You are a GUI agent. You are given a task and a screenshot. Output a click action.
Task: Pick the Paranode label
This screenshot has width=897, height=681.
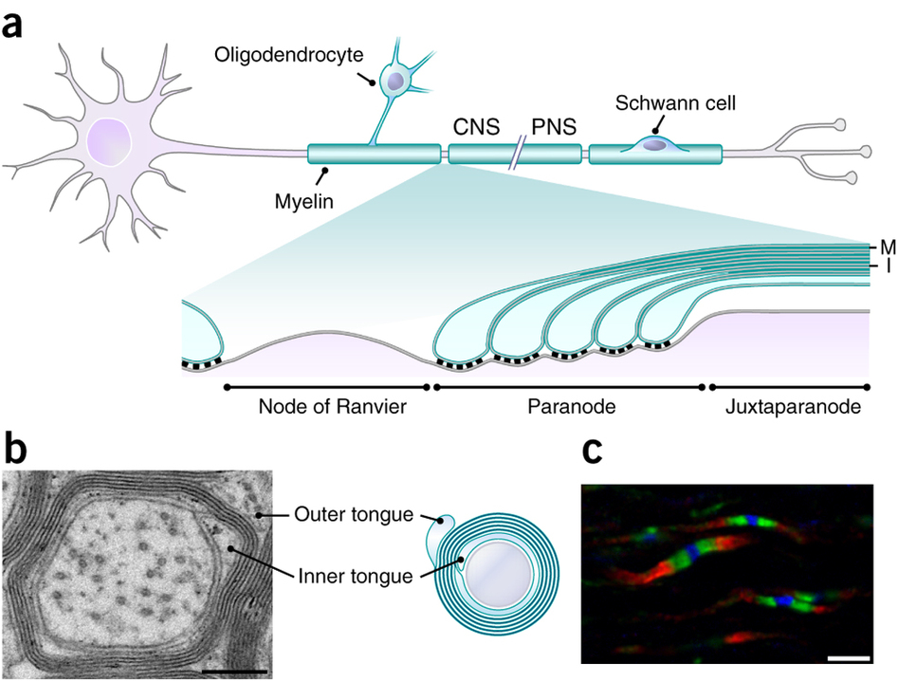click(567, 409)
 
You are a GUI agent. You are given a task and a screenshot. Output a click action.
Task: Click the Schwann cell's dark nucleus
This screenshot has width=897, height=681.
click(653, 145)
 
